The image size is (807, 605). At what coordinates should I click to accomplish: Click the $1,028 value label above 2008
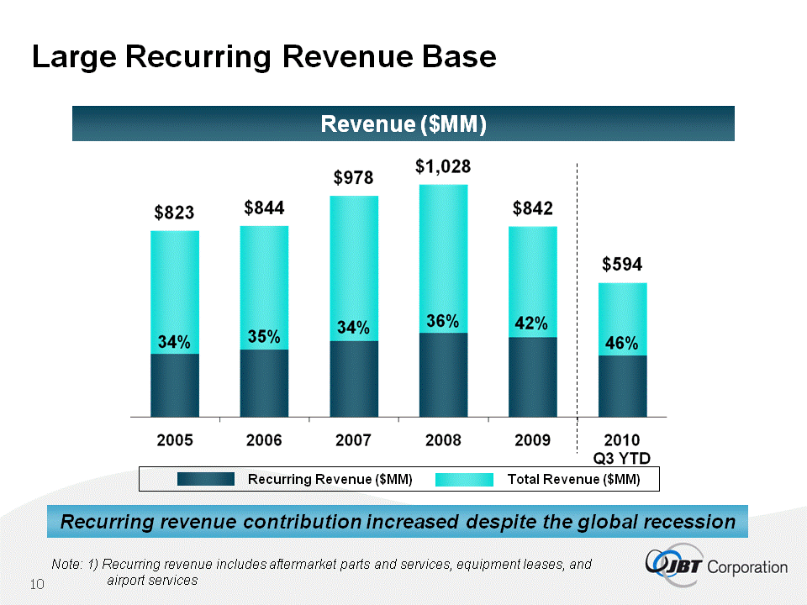[x=443, y=167]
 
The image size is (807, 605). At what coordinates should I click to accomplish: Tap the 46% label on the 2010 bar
[x=622, y=344]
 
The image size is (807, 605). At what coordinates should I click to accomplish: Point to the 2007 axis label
[x=353, y=439]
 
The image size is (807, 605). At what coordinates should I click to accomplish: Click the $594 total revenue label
[x=622, y=265]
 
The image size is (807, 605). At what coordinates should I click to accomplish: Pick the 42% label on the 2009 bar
[x=531, y=324]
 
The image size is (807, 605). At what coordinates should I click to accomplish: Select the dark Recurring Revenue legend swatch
[x=206, y=479]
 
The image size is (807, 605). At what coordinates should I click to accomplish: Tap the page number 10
[x=37, y=584]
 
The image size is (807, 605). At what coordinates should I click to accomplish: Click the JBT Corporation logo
[x=716, y=565]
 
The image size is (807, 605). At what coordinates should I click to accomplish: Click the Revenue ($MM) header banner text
[x=403, y=124]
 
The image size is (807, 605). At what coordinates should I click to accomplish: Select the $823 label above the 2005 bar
[x=174, y=213]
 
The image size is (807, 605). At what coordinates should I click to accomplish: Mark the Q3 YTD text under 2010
[x=622, y=456]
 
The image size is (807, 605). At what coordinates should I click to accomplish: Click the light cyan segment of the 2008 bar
[x=443, y=252]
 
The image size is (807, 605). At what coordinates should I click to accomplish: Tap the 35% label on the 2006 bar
[x=264, y=336]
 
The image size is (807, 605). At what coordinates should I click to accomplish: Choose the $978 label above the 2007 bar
[x=353, y=178]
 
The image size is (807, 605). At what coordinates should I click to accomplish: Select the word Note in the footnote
[x=64, y=565]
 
